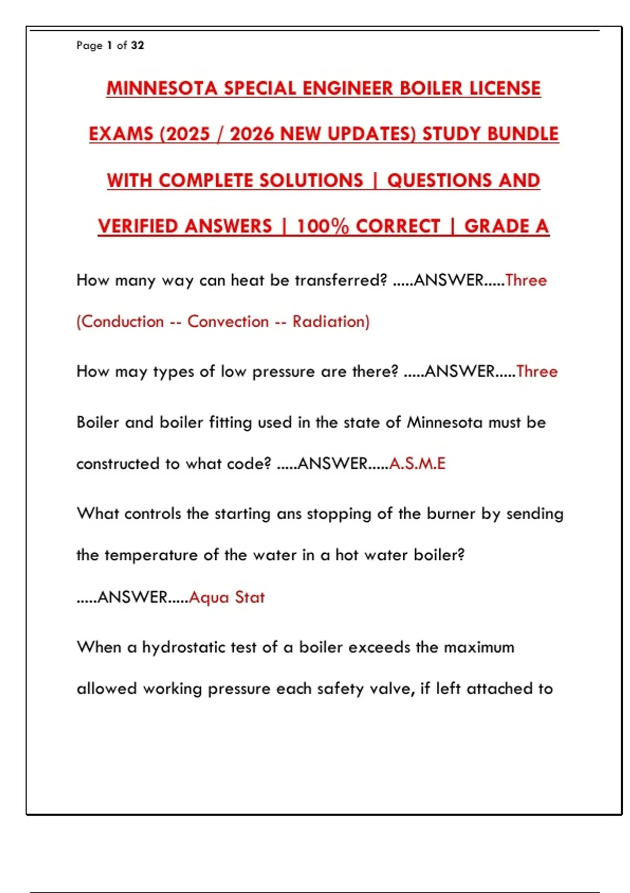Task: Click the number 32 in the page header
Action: click(138, 45)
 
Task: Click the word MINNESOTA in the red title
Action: click(162, 88)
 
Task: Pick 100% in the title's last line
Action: click(322, 226)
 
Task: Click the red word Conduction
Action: click(122, 321)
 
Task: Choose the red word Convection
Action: click(228, 321)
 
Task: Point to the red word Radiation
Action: click(330, 321)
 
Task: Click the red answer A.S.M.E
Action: click(417, 463)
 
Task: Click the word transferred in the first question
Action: click(341, 280)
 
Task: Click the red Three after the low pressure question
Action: click(537, 371)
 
